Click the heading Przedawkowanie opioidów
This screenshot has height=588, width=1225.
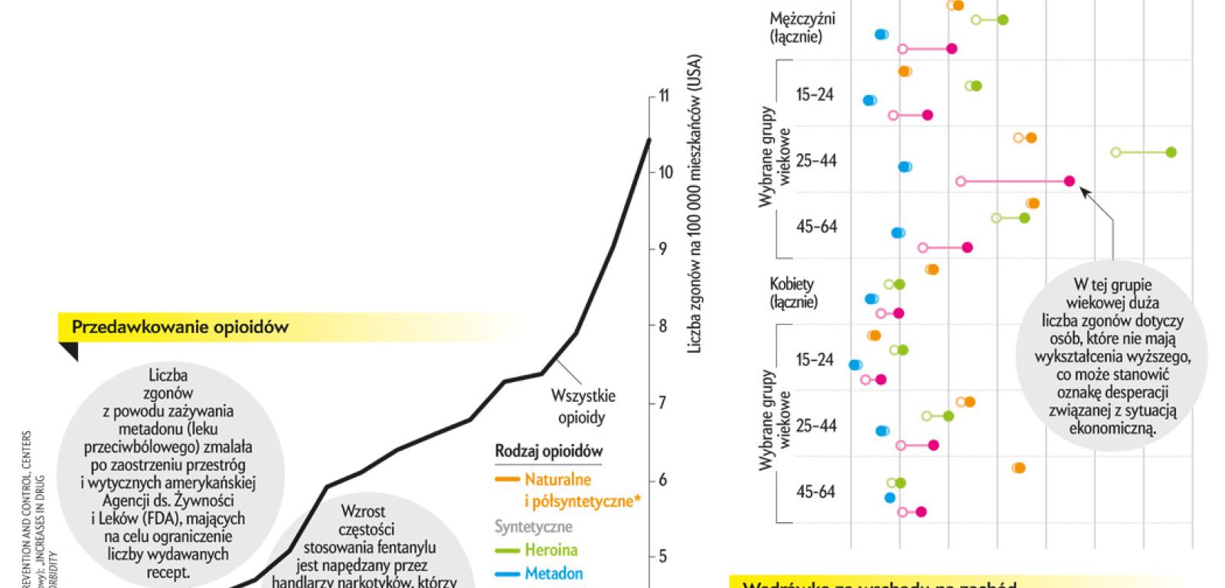pyautogui.click(x=180, y=328)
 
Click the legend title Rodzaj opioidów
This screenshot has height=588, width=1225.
pyautogui.click(x=548, y=452)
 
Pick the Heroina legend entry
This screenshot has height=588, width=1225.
pyautogui.click(x=550, y=550)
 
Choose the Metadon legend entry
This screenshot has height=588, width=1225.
pyautogui.click(x=554, y=573)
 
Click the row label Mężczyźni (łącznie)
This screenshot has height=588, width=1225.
pyautogui.click(x=802, y=26)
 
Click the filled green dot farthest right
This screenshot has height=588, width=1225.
pyautogui.click(x=1171, y=152)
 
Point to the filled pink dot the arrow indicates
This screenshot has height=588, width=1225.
pyautogui.click(x=1070, y=181)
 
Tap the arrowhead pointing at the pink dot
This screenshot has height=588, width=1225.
pyautogui.click(x=1084, y=191)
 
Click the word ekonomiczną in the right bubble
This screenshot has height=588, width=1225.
pyautogui.click(x=1112, y=429)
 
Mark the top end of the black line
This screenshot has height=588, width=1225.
pyautogui.click(x=648, y=139)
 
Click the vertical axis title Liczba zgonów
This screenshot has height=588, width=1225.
pyautogui.click(x=694, y=207)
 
